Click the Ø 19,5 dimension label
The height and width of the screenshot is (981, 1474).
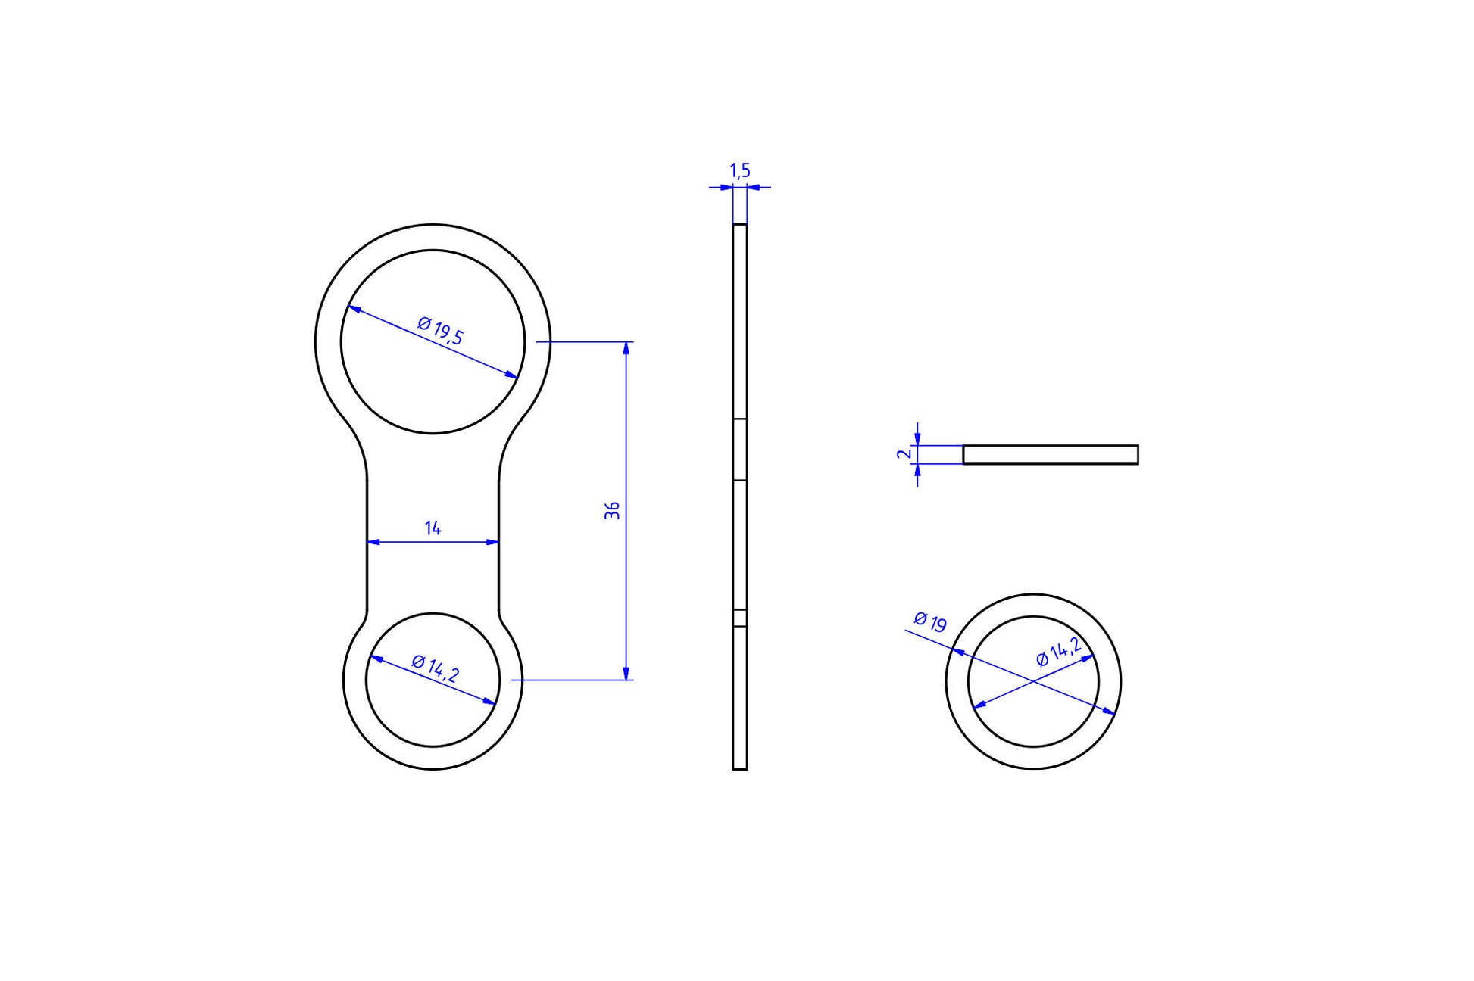click(440, 331)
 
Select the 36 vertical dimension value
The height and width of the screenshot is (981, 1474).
click(613, 510)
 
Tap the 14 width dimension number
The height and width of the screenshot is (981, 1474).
click(433, 528)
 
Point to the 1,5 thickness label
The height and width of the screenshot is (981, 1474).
click(740, 171)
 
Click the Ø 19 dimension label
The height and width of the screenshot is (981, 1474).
click(930, 621)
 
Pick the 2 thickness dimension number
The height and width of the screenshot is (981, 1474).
click(902, 454)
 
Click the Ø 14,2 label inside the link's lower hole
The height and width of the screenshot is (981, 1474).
click(435, 669)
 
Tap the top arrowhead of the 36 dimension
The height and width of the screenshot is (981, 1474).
click(626, 348)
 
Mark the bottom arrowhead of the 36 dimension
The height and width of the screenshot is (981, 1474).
click(626, 674)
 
